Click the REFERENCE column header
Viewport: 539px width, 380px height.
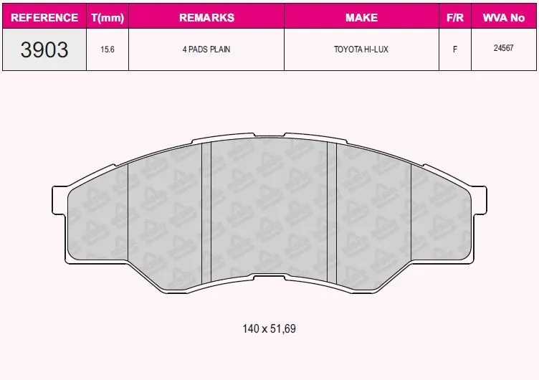(x=44, y=17)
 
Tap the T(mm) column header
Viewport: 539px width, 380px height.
(x=108, y=17)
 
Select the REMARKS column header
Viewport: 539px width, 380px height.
(x=206, y=17)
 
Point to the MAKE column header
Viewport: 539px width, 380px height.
(x=361, y=17)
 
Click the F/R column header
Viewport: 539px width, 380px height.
(x=454, y=17)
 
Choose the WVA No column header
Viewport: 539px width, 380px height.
(x=504, y=17)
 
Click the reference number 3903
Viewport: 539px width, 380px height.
(x=44, y=49)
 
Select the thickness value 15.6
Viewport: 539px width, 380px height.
(x=108, y=49)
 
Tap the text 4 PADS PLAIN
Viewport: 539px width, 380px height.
(x=206, y=49)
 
